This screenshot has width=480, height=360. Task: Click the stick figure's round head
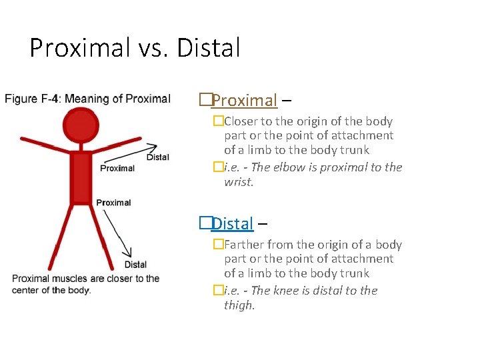(x=81, y=125)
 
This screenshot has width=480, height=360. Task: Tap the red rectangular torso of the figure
(x=81, y=176)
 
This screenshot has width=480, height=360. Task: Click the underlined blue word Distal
(x=233, y=224)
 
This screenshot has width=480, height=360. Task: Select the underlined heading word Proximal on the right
(x=244, y=101)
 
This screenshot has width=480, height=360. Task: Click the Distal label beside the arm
(x=158, y=157)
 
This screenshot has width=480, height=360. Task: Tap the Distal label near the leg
(x=135, y=265)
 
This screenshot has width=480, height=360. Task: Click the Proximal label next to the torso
(x=117, y=168)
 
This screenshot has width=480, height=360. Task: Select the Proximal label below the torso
(x=113, y=203)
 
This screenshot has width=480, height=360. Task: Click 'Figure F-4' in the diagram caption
(x=31, y=99)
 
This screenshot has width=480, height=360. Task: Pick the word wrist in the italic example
(x=238, y=182)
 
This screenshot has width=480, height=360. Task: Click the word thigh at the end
(x=239, y=305)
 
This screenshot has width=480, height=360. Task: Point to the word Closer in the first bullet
(x=242, y=121)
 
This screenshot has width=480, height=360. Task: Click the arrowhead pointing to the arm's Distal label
(x=154, y=147)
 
